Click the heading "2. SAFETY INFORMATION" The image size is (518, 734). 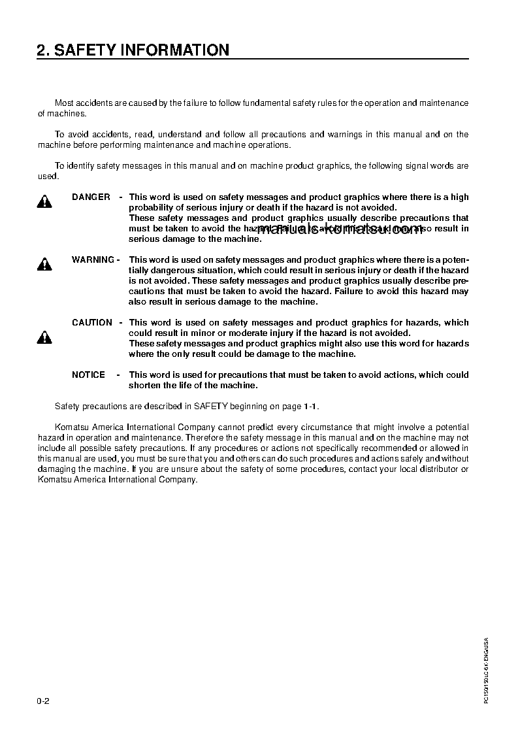(133, 50)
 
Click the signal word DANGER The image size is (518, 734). (91, 197)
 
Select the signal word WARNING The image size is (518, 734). (93, 259)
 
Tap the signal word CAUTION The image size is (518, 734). (91, 322)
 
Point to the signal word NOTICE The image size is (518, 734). (88, 375)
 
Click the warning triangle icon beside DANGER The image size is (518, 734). (44, 202)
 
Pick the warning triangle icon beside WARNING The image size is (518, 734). (44, 265)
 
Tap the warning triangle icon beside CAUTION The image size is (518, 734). (44, 338)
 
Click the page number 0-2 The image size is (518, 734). (44, 701)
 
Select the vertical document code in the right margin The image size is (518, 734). (486, 670)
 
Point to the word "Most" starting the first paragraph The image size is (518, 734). (64, 103)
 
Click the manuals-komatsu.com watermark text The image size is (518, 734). (340, 229)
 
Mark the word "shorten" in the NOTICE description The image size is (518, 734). (145, 385)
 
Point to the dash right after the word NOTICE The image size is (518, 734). (118, 375)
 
